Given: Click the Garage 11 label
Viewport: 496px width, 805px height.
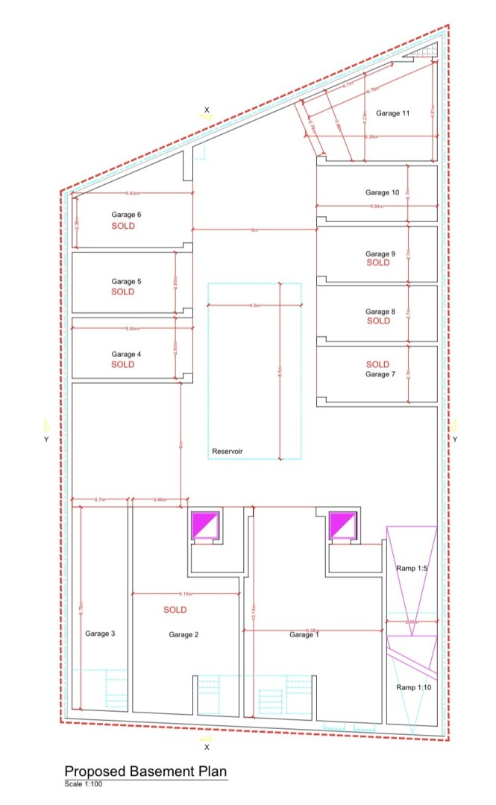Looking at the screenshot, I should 392,113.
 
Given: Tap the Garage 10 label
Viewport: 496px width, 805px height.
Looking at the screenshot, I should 383,192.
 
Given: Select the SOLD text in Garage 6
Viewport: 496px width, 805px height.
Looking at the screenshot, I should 123,225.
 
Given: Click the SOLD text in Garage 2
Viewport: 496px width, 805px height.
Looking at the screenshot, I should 175,610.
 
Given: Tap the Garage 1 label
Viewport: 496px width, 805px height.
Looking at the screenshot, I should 304,634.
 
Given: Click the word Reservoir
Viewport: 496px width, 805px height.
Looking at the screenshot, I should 227,451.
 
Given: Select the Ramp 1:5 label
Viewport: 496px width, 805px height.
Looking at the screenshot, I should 411,569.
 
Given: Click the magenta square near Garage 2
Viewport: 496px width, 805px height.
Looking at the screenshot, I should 205,525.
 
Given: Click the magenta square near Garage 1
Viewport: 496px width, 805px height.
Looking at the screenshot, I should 344,525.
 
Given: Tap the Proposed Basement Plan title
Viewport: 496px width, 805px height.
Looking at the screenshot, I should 145,771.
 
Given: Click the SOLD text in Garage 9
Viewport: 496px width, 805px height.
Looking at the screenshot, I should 378,262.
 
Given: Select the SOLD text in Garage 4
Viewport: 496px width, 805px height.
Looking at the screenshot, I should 123,364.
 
